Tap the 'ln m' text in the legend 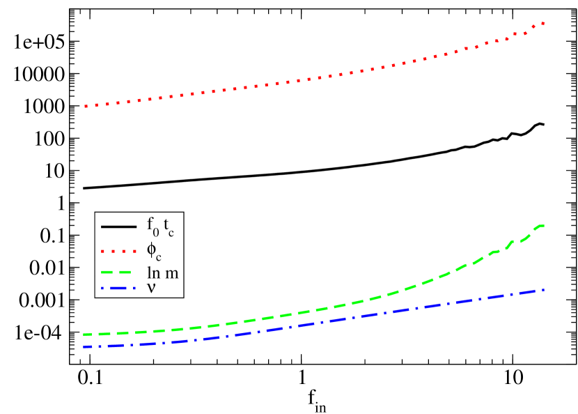click(162, 273)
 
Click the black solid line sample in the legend click(118, 227)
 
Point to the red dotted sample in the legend click(118, 250)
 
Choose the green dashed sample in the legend click(118, 273)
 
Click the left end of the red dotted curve click(85, 106)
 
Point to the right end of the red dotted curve click(542, 23)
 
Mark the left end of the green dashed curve click(84, 335)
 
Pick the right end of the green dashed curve click(542, 225)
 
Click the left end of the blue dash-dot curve click(84, 346)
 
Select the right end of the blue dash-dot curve click(542, 289)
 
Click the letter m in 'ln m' click(171, 273)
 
